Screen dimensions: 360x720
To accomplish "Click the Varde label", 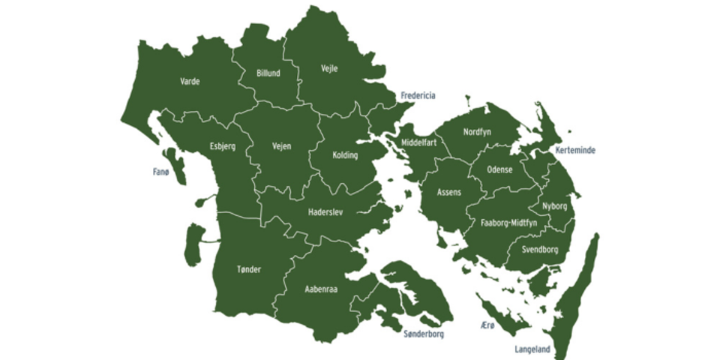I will coord(190,81).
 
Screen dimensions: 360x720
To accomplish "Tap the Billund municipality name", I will coord(268,73).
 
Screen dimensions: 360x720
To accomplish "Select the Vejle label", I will coord(329,68).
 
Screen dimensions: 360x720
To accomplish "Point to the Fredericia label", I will coord(418,95).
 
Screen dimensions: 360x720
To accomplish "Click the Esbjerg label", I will coord(223,146).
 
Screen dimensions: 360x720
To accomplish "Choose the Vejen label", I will coord(281,146).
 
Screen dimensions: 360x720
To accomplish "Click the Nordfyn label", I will coord(477,132).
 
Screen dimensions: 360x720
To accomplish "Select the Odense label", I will coord(499,169).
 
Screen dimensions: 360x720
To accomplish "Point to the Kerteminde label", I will coord(575,150).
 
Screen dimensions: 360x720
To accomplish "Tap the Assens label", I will coord(449,192).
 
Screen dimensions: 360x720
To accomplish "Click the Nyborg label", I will coord(554,205).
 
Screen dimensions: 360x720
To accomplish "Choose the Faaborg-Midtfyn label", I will coord(508,223).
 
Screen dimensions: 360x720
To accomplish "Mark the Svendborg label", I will coord(539,249).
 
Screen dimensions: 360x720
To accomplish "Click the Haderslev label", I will coord(325,212).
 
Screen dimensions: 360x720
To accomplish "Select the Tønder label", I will coord(248,269).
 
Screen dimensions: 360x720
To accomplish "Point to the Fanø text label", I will coord(161,172).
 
